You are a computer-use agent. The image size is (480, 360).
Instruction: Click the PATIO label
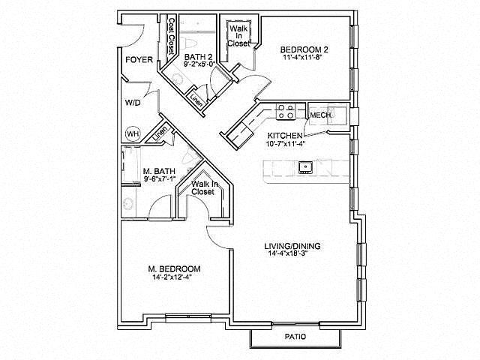(x=295, y=337)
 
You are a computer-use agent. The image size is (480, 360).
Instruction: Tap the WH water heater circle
(x=133, y=133)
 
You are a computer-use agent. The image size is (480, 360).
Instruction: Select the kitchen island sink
(x=305, y=167)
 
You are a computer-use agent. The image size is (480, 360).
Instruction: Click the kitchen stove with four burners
(x=286, y=112)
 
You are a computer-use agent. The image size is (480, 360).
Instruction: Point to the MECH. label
(x=321, y=115)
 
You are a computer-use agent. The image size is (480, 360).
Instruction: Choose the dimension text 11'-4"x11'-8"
(x=301, y=57)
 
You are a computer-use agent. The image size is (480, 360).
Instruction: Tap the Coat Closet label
(x=172, y=37)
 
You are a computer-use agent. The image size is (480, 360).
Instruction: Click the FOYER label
(x=139, y=60)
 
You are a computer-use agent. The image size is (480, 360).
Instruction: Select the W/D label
(x=133, y=103)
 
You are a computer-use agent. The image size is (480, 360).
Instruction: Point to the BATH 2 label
(x=198, y=57)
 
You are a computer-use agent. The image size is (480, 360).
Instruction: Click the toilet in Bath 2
(x=190, y=43)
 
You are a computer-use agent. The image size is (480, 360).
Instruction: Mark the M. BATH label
(x=159, y=171)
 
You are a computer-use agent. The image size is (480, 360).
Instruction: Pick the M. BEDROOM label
(x=175, y=269)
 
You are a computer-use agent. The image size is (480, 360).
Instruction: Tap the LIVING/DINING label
(x=292, y=246)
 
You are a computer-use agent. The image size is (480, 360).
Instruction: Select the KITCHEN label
(x=285, y=136)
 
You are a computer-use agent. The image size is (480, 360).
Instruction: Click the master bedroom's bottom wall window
(x=188, y=318)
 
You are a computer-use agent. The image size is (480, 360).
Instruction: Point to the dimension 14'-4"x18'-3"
(x=288, y=253)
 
